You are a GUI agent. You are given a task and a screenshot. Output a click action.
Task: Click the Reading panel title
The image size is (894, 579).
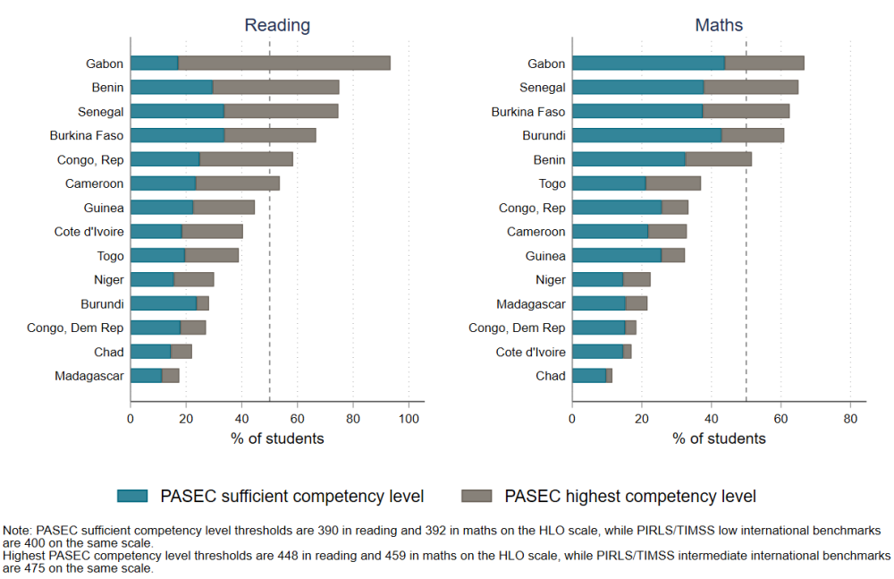coord(277,25)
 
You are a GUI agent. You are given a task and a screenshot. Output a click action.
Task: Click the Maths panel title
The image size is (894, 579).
coord(719,25)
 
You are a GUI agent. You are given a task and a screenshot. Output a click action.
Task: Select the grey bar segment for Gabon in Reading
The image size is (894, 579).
coord(284,64)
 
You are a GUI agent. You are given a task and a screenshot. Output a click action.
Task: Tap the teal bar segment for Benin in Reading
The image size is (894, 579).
coord(172,87)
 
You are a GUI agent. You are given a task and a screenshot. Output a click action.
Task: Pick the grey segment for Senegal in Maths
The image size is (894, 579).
coord(751,88)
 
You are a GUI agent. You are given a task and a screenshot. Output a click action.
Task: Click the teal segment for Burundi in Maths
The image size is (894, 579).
coord(646,135)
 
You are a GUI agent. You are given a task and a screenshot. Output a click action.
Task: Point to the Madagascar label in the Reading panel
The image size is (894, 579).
coord(89,376)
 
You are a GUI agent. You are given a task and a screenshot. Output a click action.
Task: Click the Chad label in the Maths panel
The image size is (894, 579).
coord(551,376)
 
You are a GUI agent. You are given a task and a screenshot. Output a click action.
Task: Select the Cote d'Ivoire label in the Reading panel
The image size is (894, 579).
coord(89,232)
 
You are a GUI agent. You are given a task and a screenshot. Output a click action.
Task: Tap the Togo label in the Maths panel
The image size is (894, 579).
coord(552,183)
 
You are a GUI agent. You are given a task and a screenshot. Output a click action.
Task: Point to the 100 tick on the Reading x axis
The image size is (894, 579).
coord(409,418)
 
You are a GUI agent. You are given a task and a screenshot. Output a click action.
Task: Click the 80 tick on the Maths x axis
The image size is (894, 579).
coord(850,418)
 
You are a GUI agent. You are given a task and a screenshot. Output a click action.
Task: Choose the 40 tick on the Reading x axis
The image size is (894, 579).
coord(241,418)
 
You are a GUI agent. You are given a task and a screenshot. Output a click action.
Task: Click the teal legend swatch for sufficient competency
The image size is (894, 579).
coord(133,496)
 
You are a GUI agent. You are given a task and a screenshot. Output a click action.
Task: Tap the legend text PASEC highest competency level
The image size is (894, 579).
coord(630,496)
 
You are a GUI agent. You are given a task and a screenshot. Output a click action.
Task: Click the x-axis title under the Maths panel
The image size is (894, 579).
coord(719,439)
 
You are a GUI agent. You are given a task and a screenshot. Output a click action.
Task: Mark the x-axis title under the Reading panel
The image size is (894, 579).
coord(277,439)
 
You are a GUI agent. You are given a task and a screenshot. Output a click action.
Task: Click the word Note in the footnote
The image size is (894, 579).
coord(18,530)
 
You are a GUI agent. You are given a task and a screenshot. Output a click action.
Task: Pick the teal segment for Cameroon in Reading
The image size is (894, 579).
coord(163,183)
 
